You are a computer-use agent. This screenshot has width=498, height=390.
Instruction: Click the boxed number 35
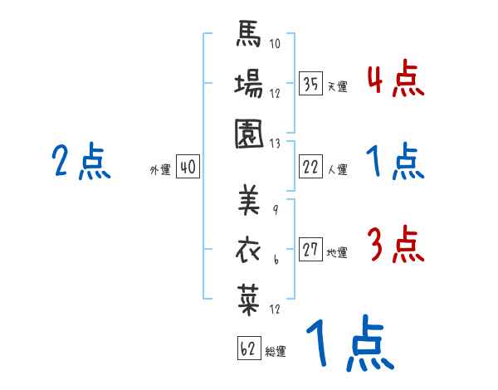tap(311, 85)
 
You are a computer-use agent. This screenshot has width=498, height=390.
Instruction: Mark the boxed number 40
tap(188, 168)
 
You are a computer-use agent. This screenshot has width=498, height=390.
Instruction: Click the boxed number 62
tap(248, 348)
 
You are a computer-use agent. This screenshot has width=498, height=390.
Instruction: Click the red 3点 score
tap(395, 246)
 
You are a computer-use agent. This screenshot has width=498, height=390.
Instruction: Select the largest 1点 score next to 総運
tap(349, 344)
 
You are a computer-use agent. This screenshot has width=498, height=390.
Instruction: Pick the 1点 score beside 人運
tap(395, 161)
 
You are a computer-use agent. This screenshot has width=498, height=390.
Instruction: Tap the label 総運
tap(276, 352)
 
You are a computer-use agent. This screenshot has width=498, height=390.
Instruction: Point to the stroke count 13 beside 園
tap(275, 143)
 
